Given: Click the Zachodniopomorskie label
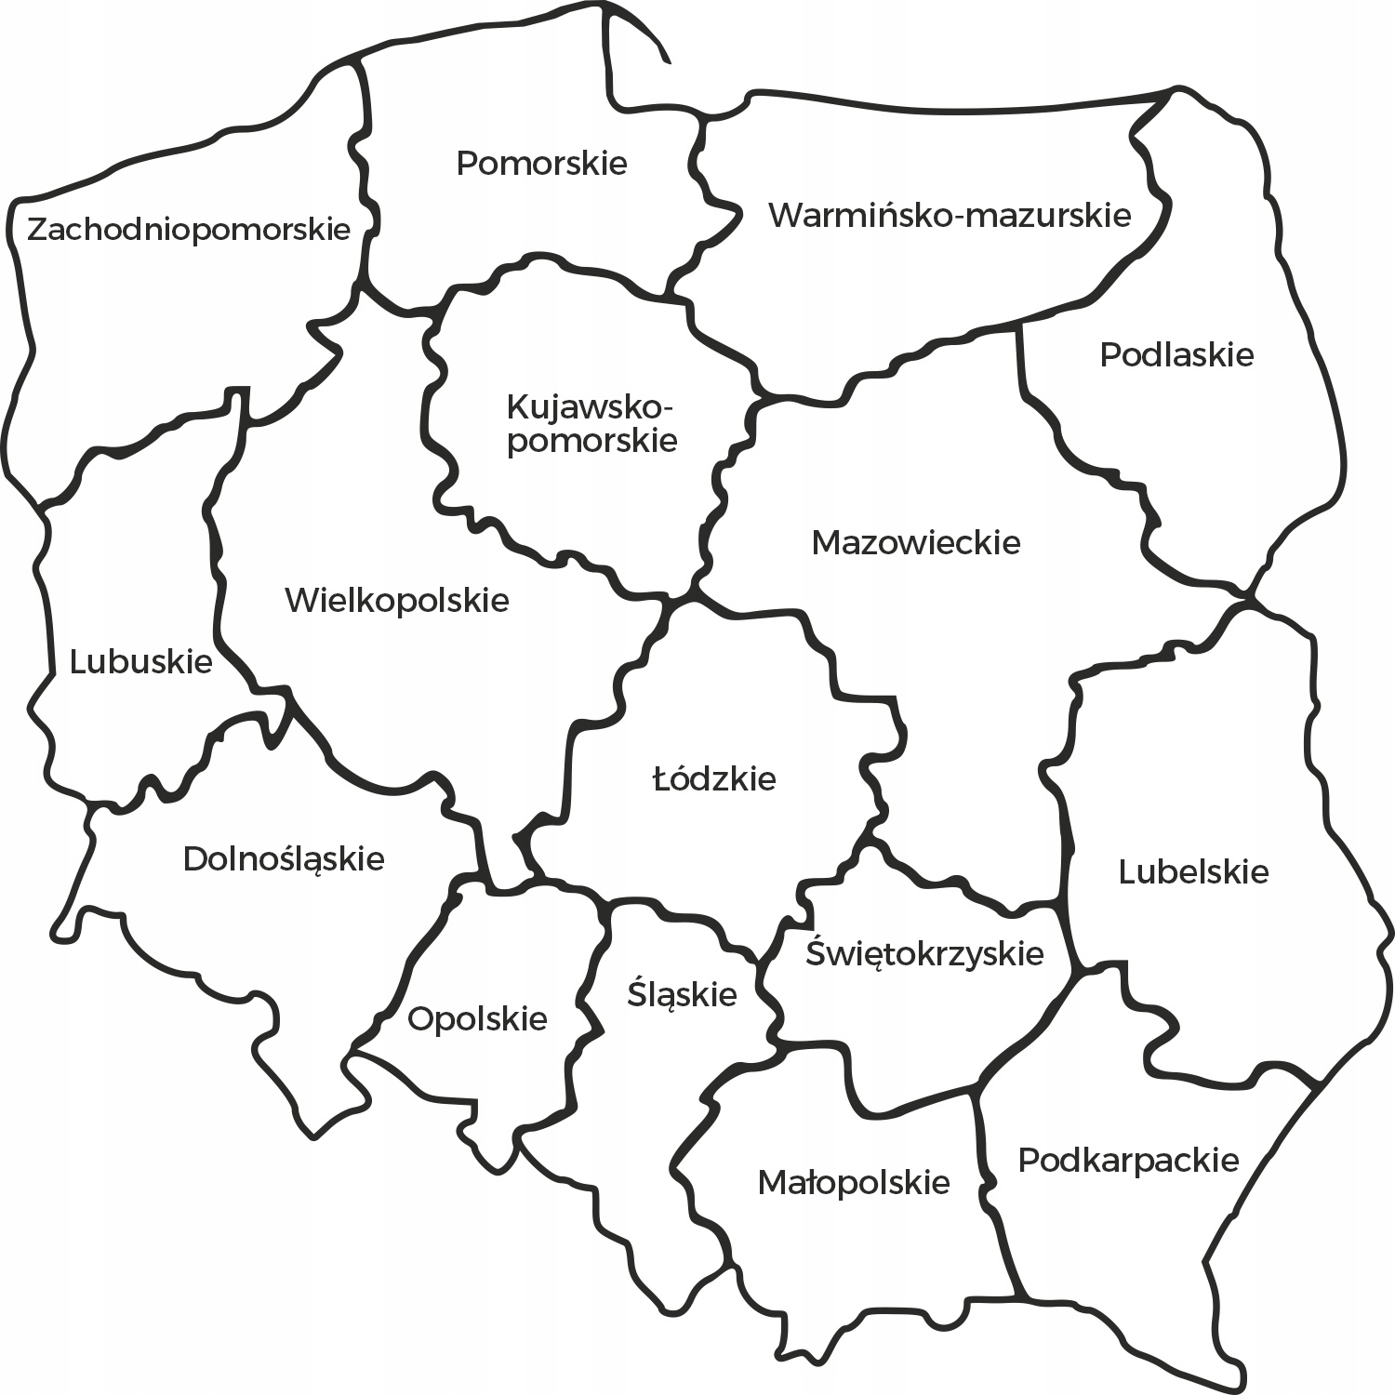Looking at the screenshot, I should coord(189,229).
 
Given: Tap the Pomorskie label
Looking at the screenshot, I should coord(541,164).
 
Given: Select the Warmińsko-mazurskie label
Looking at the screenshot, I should coord(950,216).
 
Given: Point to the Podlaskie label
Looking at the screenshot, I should coord(1176,355).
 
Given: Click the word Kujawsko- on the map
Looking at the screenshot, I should coord(590,407).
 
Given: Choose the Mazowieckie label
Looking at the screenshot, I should coord(916,542).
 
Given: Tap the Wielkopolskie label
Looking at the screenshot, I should coord(397,601).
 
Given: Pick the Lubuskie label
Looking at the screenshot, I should coord(141,662).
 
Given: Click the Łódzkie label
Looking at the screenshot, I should coord(714,779).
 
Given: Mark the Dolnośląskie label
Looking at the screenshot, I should coord(284,858).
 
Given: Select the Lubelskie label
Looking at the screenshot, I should coord(1193,872).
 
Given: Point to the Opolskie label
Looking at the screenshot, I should coord(477,1019).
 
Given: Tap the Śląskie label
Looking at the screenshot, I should coord(682,995).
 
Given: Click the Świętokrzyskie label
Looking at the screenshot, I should coord(924,954).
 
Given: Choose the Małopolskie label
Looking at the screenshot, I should coord(854,1183).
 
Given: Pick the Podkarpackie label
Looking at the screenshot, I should coord(1128,1161).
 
